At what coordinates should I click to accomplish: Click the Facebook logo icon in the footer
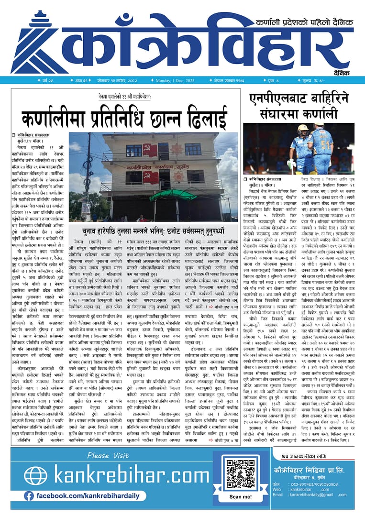click(29, 496)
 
